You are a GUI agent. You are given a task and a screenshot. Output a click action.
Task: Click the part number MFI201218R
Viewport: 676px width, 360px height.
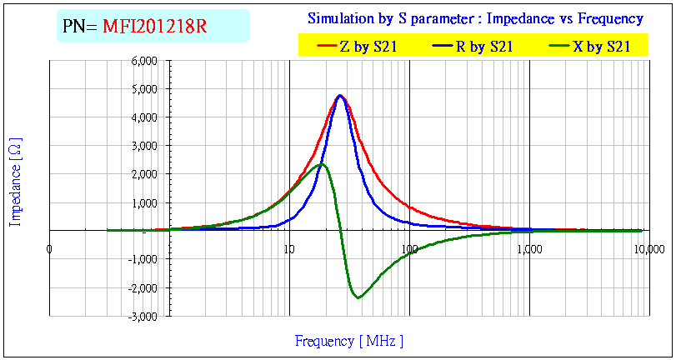[x=154, y=27]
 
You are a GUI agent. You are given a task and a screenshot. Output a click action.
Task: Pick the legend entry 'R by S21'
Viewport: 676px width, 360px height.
[x=483, y=47]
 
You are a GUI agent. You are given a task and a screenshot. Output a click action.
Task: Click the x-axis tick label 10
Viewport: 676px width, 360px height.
[x=288, y=248]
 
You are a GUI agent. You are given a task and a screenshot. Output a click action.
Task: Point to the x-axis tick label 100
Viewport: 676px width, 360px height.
[x=408, y=248]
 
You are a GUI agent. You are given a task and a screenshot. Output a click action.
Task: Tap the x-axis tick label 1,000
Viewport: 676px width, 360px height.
[x=528, y=248]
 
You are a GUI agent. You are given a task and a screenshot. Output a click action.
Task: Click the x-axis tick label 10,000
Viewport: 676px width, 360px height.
[x=649, y=248]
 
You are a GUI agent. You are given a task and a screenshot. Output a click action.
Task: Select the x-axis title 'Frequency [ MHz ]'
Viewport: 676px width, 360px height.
[x=348, y=341]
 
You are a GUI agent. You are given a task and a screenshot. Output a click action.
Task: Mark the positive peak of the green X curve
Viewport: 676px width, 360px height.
[x=322, y=164]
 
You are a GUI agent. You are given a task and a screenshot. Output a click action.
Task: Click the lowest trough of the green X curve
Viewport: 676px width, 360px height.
[x=358, y=297]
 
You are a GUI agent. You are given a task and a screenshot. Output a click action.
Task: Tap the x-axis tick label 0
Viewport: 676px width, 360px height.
[x=49, y=248]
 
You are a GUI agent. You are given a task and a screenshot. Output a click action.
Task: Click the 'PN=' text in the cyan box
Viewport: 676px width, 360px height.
[x=80, y=27]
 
